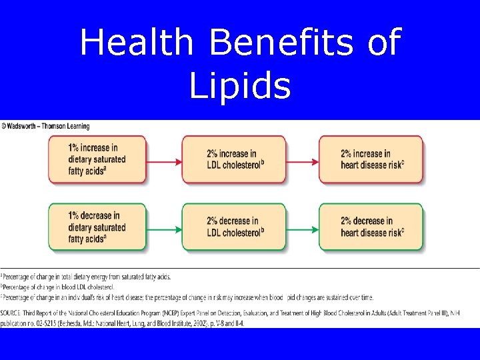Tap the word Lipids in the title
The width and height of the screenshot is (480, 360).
click(x=240, y=86)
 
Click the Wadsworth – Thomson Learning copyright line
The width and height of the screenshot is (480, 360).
click(x=45, y=126)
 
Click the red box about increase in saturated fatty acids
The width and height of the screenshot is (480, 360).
click(x=97, y=159)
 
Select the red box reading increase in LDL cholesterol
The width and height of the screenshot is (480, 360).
click(x=234, y=159)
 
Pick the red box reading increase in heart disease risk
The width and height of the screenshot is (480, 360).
click(x=371, y=159)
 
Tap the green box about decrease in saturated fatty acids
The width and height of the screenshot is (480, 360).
click(x=97, y=227)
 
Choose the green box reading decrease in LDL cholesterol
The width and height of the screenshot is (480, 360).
click(x=234, y=227)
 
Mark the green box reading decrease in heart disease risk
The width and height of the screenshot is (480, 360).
click(x=371, y=227)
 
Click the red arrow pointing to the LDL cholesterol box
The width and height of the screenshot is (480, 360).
click(x=164, y=161)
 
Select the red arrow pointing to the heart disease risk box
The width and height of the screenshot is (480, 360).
click(x=301, y=161)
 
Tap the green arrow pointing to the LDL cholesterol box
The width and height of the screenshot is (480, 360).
click(x=164, y=229)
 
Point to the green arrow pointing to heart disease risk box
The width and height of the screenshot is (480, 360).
click(x=301, y=229)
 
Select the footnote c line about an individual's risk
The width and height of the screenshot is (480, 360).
click(x=187, y=297)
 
